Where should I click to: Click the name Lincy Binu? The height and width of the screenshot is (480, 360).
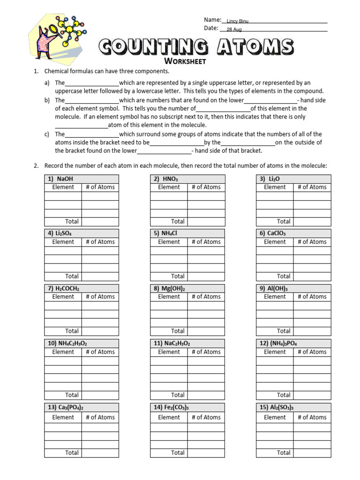click(237, 22)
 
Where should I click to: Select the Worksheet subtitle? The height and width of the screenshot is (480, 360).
click(185, 61)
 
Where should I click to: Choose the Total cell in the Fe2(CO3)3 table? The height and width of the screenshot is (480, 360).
click(178, 452)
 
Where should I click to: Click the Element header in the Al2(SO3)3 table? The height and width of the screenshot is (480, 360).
click(275, 417)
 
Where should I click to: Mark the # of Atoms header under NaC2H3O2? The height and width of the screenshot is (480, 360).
click(206, 352)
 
